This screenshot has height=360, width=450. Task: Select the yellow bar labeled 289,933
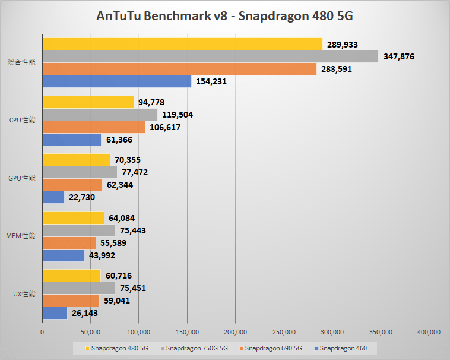[182, 44]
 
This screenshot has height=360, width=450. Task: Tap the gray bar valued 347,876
[210, 56]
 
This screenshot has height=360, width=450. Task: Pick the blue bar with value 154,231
[117, 81]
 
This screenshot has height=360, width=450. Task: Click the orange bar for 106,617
[94, 127]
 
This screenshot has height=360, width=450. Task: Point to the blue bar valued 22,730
[53, 197]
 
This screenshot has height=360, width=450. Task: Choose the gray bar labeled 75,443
[78, 230]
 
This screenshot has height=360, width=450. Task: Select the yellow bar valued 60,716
[71, 276]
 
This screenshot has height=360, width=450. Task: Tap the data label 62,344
[125, 185]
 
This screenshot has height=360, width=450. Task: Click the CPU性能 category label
[23, 121]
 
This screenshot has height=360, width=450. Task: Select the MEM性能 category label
[21, 236]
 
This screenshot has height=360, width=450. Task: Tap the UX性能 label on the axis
[24, 295]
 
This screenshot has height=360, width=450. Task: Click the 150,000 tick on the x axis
[187, 331]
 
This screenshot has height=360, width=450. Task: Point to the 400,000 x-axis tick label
[429, 331]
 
